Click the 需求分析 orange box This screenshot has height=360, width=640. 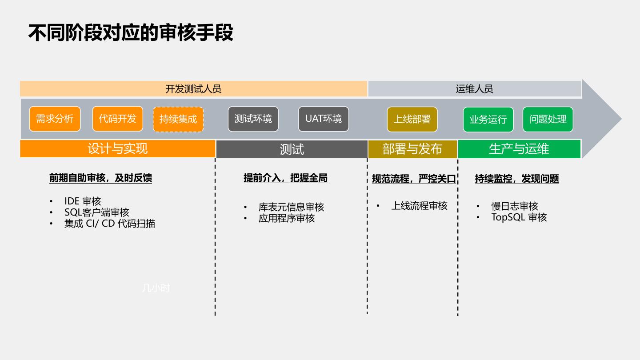point(55,119)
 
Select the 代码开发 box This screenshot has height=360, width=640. point(118,119)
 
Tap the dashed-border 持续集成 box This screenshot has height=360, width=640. point(178,119)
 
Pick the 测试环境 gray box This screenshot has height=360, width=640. point(253,119)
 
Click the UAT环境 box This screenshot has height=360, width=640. point(324,119)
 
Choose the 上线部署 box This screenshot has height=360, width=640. point(412,120)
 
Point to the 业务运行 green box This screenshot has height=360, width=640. point(488,120)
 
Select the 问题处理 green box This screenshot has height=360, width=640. point(548,120)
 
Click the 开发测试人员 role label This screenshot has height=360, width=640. point(193,89)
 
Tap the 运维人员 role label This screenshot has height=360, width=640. point(474,89)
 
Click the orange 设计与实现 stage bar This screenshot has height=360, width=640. point(117,149)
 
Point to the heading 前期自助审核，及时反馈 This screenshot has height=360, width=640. point(100,178)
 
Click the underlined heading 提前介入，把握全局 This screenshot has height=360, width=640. point(285,178)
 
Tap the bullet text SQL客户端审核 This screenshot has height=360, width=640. point(96,212)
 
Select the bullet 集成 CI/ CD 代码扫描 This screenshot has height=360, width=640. point(109,224)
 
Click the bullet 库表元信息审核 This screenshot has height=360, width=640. point(291,207)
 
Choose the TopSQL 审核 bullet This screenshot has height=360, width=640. point(519,217)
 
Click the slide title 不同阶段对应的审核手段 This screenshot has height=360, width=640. point(131,33)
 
